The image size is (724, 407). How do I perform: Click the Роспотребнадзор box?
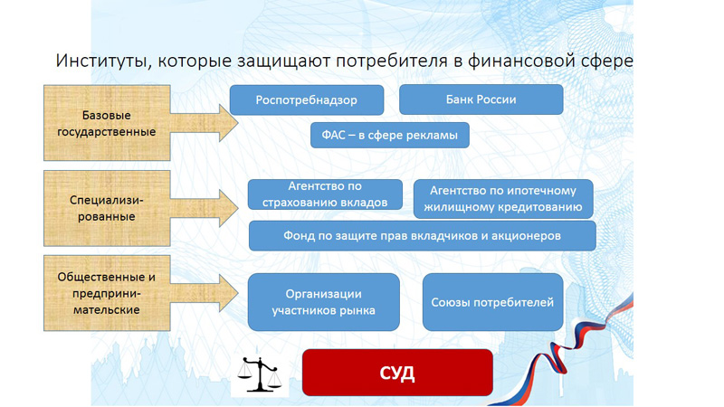307,99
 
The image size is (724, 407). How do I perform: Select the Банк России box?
481,99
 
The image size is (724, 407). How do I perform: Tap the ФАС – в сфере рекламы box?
389,137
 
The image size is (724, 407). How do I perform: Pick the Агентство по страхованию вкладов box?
325,194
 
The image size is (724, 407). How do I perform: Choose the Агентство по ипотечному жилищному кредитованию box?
503,199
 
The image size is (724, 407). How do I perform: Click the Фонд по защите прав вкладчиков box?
422,235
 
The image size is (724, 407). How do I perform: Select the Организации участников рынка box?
323,302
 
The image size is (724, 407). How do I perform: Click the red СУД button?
396,373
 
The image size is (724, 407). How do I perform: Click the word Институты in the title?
100,62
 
